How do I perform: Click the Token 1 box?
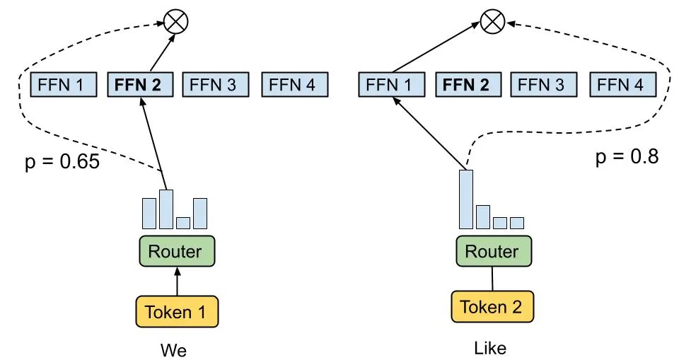177,311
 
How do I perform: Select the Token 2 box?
492,306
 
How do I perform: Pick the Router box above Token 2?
492,251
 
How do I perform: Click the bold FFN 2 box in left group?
140,85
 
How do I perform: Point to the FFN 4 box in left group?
294,85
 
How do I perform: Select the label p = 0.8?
627,156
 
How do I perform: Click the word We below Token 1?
174,350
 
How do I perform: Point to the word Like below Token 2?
491,348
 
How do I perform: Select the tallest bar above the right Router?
466,199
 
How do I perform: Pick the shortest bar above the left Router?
183,223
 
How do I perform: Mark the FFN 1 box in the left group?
62,85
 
